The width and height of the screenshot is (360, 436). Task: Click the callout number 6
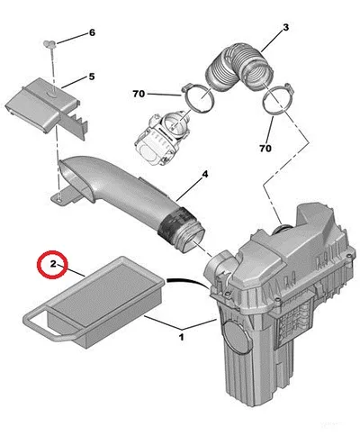click(92, 32)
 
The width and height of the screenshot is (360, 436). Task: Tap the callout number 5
click(92, 77)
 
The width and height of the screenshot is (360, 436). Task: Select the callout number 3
click(286, 27)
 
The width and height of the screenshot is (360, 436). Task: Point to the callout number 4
click(204, 174)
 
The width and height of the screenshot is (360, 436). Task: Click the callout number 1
click(181, 337)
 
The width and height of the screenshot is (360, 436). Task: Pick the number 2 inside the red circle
click(53, 264)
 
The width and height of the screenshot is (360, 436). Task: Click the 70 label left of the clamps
click(139, 95)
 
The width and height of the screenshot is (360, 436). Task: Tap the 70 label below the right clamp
click(265, 149)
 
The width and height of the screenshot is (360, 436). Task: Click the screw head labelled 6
click(49, 44)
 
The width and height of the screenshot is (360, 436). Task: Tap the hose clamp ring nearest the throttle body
click(199, 98)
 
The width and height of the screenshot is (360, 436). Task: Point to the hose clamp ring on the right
click(277, 99)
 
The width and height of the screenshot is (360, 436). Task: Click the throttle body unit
click(159, 138)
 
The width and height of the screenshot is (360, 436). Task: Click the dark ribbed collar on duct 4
click(174, 223)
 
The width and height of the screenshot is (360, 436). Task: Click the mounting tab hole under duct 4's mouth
click(60, 197)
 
